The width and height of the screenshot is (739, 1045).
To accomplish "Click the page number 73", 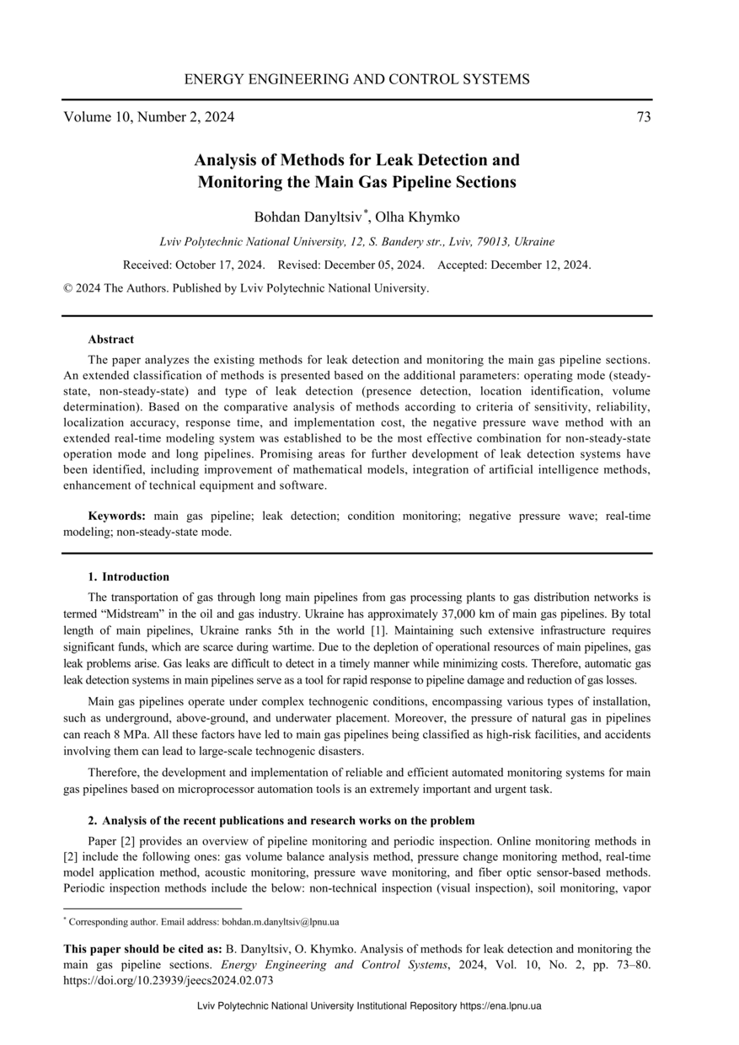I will (643, 117).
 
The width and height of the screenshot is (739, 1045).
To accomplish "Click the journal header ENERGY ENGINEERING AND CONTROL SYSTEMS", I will (356, 80).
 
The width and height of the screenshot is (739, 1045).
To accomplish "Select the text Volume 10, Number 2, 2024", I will (149, 117).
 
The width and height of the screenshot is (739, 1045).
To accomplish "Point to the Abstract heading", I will (110, 340).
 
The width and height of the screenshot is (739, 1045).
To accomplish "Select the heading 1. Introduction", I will (128, 577).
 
